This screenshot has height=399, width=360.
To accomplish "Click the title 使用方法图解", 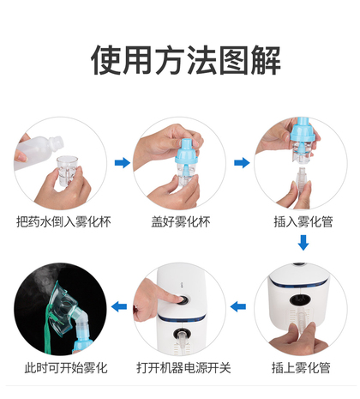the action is (x=186, y=60).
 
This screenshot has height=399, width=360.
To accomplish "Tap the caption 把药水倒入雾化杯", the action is (x=63, y=221).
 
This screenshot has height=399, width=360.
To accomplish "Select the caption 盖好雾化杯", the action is (x=181, y=221).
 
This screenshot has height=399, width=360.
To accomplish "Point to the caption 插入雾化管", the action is (x=303, y=221).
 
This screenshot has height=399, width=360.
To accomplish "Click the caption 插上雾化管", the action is (x=301, y=368).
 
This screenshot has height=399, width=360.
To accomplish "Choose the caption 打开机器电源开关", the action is (x=183, y=368).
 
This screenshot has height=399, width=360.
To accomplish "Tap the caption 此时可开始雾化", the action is (x=66, y=368).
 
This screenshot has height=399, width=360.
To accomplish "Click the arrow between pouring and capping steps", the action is (x=123, y=163).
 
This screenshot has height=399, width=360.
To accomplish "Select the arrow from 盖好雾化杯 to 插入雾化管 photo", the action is (x=242, y=163).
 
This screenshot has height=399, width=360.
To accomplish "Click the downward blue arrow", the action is (x=303, y=243).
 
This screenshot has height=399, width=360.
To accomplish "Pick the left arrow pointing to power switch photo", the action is (x=238, y=307).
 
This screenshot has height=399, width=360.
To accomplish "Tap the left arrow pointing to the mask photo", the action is (x=119, y=307).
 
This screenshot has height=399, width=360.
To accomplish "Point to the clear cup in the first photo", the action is (x=67, y=171).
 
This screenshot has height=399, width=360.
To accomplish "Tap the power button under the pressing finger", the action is (x=183, y=300).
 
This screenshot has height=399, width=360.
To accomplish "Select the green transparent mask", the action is (x=62, y=310).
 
